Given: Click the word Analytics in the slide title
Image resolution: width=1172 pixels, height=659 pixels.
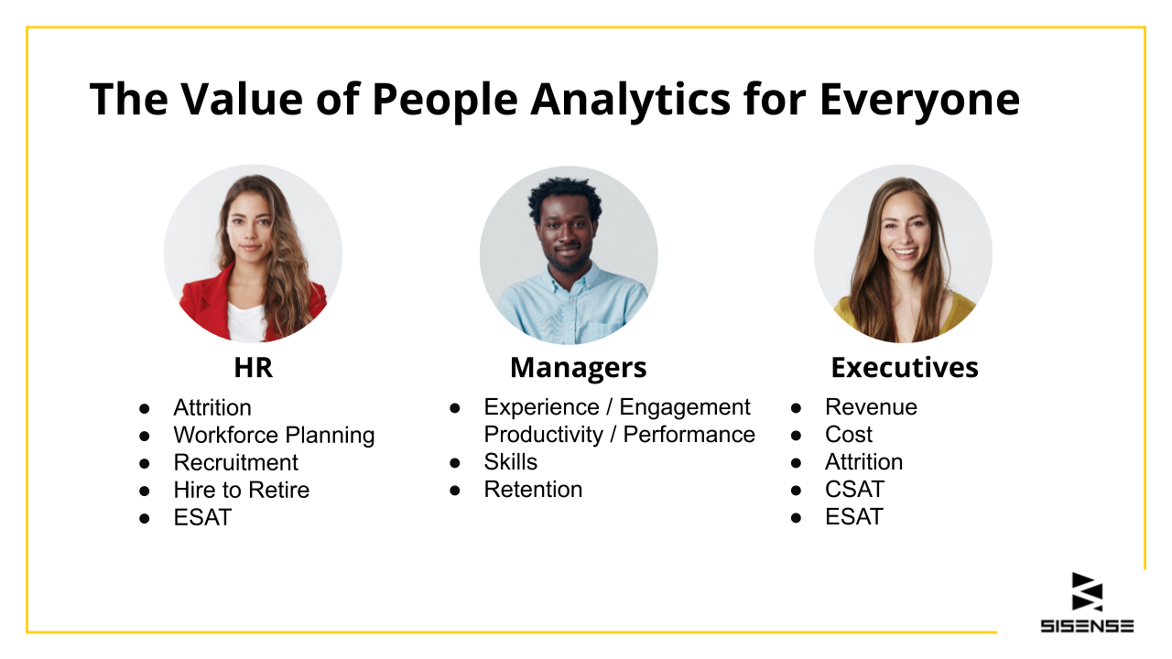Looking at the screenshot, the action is click(631, 100).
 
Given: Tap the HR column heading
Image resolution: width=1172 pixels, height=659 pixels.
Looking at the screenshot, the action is click(254, 368).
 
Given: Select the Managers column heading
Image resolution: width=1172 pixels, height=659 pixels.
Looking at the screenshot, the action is click(578, 368).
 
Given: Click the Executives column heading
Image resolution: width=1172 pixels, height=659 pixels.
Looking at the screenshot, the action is click(905, 368).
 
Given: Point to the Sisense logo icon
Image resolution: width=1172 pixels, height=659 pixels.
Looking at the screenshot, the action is click(1087, 591).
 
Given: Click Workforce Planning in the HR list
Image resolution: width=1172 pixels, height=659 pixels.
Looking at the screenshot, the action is click(274, 435).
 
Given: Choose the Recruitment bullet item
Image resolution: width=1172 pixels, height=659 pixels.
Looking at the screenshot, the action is click(235, 462).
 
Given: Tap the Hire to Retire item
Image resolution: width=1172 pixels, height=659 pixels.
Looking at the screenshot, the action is click(241, 490).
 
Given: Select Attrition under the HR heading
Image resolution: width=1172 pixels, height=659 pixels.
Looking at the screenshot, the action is click(212, 407).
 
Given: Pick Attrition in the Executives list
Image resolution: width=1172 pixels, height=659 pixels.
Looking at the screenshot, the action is click(863, 462).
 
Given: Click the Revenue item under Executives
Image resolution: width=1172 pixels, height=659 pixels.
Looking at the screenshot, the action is click(871, 407).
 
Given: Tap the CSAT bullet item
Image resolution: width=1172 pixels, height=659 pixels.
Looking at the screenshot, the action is click(854, 490).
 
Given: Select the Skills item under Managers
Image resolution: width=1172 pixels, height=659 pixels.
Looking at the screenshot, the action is click(510, 462).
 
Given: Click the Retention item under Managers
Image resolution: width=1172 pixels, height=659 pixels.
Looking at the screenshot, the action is click(533, 490).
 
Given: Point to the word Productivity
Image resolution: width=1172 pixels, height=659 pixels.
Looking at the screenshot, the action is click(543, 435).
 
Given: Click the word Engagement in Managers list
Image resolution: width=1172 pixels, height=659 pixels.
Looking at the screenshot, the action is click(685, 408).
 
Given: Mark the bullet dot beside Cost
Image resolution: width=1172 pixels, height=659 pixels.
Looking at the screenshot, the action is click(796, 435).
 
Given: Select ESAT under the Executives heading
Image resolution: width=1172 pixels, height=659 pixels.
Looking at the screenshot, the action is click(854, 517).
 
